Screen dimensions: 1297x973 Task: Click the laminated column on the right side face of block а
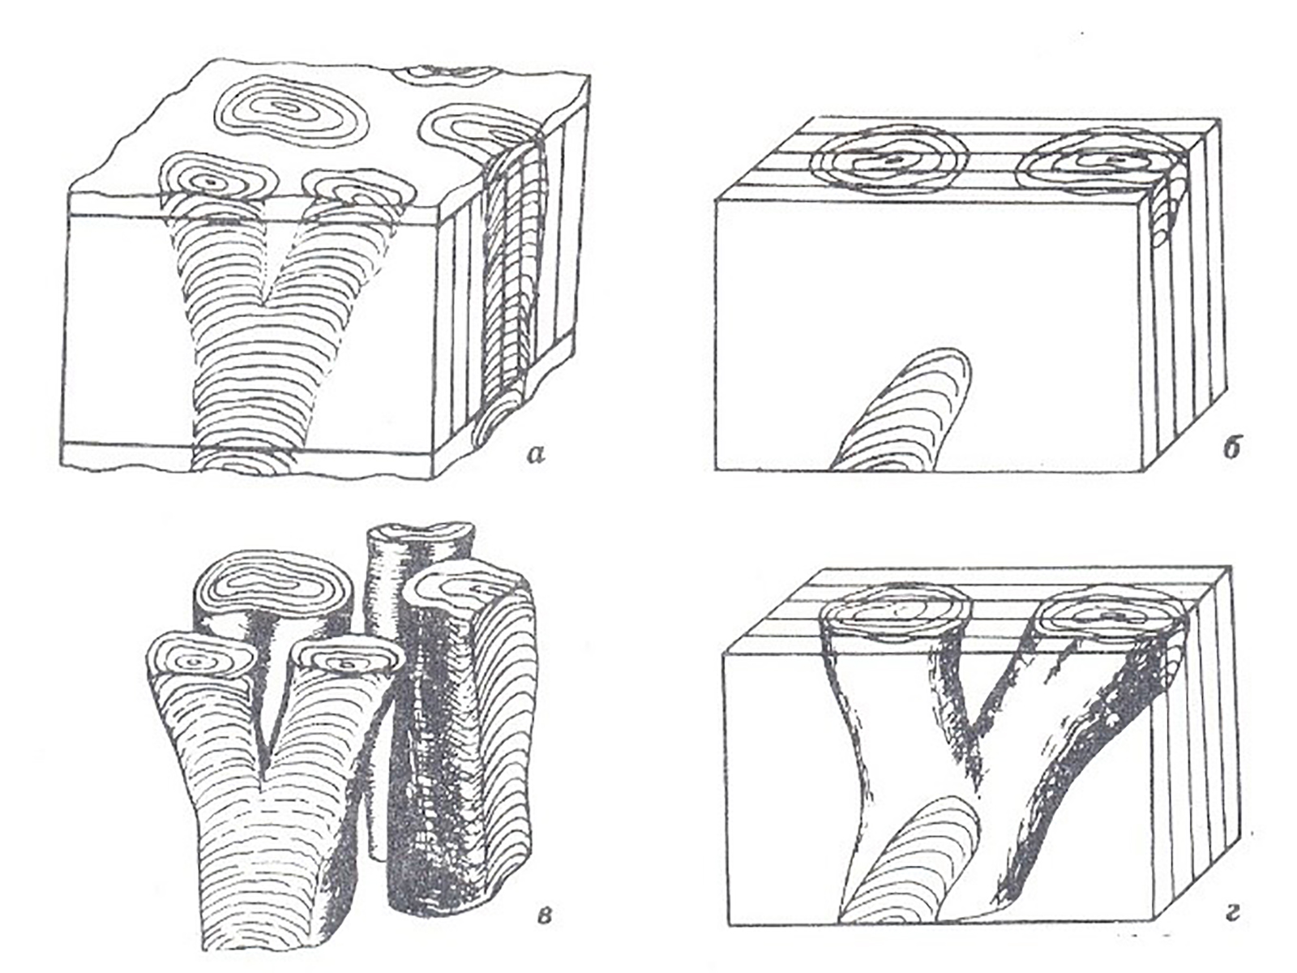(512, 284)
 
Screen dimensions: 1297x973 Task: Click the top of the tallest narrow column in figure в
(421, 538)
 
